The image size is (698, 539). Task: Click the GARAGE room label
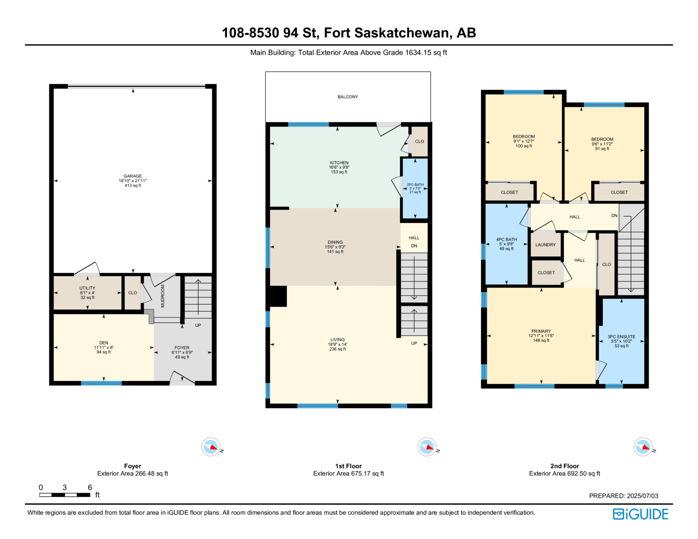[x=133, y=176]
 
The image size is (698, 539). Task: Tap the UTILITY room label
[x=87, y=288]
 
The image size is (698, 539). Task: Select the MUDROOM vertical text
[x=163, y=296]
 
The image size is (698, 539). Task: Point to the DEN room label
[x=104, y=343]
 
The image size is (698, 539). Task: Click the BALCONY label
[x=348, y=97]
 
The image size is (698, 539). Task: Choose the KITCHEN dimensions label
[x=339, y=167]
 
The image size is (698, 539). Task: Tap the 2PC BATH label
[x=415, y=184]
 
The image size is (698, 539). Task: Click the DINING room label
[x=335, y=242]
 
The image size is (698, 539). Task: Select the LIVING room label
[x=337, y=340]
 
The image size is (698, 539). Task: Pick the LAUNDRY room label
[x=545, y=245]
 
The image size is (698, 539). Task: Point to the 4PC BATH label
[x=506, y=239]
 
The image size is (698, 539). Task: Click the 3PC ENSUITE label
[x=621, y=337]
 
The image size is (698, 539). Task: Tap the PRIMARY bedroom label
[x=541, y=331]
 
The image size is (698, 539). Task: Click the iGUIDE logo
[x=640, y=514]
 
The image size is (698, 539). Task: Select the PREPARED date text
[x=623, y=496]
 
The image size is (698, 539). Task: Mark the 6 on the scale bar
[x=90, y=487]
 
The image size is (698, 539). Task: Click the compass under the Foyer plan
[x=211, y=447]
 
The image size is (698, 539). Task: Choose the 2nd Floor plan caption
[x=565, y=466]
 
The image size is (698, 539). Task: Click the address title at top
[x=349, y=33]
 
